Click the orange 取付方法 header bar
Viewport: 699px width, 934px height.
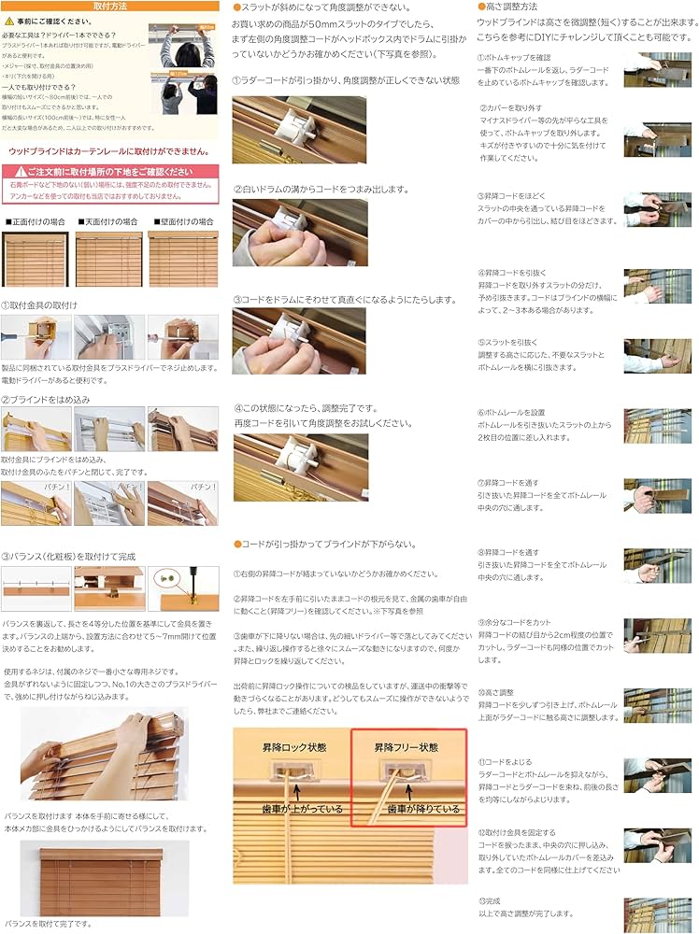(x=110, y=6)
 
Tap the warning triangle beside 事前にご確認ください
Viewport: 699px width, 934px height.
(x=8, y=19)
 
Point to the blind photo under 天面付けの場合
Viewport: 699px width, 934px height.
(x=107, y=259)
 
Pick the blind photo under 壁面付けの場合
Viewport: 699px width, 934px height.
(x=183, y=259)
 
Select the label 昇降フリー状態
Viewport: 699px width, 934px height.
(x=407, y=748)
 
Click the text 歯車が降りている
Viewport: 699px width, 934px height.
(x=423, y=809)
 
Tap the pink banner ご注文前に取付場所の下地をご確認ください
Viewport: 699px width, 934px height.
(x=110, y=172)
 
